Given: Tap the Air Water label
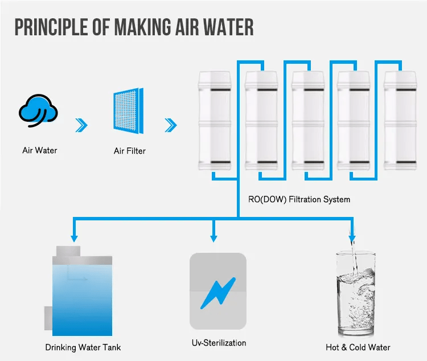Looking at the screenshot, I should tap(40, 151).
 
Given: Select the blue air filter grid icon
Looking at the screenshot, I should tap(128, 112).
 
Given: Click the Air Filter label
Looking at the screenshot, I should tap(130, 151).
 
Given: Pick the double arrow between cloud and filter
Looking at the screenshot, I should tap(83, 125).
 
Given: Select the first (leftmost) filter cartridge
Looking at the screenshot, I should tap(214, 121).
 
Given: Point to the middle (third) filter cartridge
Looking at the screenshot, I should tap(308, 121).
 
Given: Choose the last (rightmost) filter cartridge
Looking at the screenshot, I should tap(400, 121).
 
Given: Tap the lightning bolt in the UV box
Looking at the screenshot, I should tap(217, 291).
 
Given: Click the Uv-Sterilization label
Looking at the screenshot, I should tap(219, 343).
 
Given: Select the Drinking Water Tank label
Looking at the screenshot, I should tap(83, 347).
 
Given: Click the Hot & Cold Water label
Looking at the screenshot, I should tap(358, 347).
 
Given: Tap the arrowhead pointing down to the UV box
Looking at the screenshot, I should tap(214, 237).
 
